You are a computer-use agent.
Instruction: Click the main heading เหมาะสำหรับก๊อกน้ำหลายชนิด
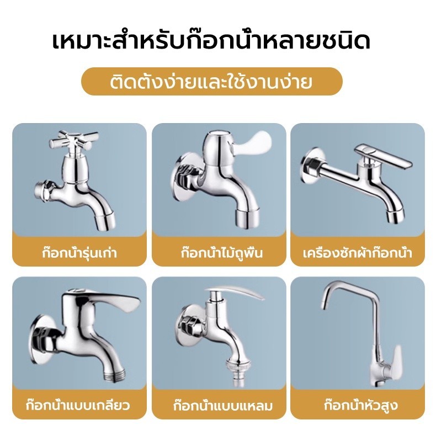(211, 42)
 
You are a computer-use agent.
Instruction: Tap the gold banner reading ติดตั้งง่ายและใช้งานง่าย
(211, 82)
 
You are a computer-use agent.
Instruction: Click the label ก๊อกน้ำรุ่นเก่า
(79, 253)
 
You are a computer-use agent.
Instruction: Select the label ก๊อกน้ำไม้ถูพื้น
(222, 253)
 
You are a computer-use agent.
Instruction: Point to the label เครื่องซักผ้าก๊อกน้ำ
(358, 253)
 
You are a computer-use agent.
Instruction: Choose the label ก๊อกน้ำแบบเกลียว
(78, 405)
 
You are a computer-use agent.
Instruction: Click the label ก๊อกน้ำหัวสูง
(360, 405)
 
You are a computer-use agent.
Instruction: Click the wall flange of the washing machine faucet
(309, 166)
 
